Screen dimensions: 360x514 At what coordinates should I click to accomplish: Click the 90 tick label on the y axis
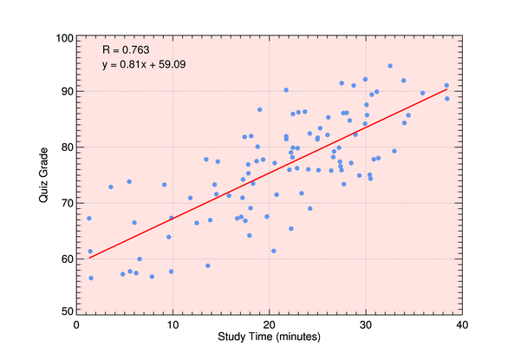[x=65, y=92]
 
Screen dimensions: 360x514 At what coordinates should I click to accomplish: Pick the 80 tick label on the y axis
[x=65, y=147]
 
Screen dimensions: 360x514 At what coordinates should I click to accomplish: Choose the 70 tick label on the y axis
[x=65, y=203]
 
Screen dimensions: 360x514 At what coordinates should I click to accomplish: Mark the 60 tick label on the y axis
[x=65, y=259]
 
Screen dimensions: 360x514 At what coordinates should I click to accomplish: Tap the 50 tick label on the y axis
[x=65, y=310]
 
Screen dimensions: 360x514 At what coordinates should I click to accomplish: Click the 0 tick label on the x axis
[x=77, y=324]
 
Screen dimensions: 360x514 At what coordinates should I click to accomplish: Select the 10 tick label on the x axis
[x=172, y=324]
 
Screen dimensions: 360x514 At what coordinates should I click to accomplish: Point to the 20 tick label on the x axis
[x=269, y=324]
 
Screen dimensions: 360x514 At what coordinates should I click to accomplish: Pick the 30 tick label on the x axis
[x=365, y=324]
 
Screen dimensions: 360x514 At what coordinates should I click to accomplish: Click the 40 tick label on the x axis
[x=461, y=324]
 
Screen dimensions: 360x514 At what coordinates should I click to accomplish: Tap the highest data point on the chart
[x=390, y=66]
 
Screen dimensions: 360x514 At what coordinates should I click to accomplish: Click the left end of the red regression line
[x=89, y=258]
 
